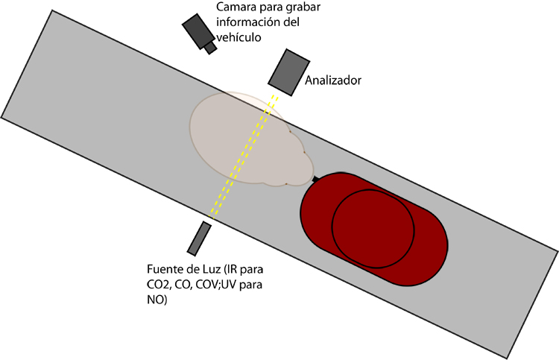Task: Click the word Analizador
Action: [333, 80]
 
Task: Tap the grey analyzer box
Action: [288, 72]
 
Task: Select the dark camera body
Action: [198, 31]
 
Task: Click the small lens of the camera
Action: [210, 48]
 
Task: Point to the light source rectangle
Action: [199, 238]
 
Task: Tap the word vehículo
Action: [239, 37]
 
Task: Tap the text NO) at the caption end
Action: [157, 300]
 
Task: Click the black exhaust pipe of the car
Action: [315, 179]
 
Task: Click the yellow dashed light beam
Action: [243, 157]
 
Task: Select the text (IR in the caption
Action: [230, 269]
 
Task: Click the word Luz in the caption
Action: [211, 269]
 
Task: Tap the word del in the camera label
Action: [292, 22]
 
